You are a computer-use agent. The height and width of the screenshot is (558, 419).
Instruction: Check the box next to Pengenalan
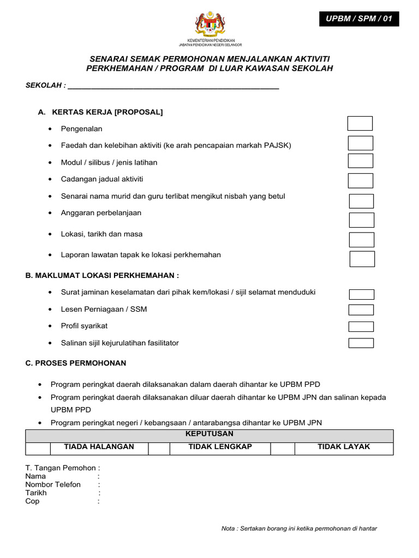click(x=360, y=124)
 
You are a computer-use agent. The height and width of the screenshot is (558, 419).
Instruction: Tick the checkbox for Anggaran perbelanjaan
click(x=361, y=220)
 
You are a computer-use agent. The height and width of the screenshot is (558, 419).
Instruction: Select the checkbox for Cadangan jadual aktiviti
click(x=361, y=180)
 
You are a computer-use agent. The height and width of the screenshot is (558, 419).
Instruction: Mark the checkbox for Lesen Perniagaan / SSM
click(x=361, y=310)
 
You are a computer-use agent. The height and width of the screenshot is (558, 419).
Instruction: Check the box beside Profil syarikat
click(x=361, y=327)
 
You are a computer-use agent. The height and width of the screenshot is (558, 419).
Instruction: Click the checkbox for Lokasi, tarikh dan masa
click(x=361, y=240)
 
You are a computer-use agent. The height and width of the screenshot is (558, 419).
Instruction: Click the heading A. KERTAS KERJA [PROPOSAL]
click(x=100, y=112)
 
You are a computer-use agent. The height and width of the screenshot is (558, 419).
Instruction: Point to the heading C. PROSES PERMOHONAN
click(x=76, y=363)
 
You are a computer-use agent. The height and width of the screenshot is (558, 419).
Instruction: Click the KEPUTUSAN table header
click(x=209, y=434)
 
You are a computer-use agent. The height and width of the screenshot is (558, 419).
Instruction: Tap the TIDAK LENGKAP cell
click(x=220, y=447)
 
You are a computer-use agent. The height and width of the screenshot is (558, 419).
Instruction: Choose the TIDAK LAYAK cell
click(x=344, y=447)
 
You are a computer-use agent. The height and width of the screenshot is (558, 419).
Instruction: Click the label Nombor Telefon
click(x=53, y=484)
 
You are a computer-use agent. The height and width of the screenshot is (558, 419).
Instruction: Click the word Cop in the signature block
click(x=32, y=501)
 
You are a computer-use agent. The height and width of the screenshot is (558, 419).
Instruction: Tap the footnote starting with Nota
click(x=299, y=529)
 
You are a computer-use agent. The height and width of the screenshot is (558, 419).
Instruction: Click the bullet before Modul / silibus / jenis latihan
click(x=50, y=163)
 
